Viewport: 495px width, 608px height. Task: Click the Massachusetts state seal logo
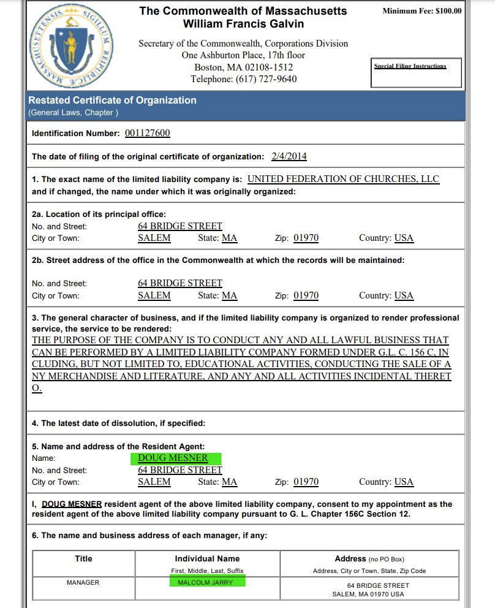69,48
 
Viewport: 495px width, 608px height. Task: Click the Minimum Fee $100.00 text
421,11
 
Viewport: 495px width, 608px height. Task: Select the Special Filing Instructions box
410,66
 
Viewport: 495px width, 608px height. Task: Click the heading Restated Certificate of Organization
112,101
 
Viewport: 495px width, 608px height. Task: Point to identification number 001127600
147,133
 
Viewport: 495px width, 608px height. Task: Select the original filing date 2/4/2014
289,156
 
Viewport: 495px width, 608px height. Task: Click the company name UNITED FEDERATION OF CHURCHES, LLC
343,180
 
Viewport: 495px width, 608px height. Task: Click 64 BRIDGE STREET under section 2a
180,226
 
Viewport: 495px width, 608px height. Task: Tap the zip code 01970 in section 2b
306,295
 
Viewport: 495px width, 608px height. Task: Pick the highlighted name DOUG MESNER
173,458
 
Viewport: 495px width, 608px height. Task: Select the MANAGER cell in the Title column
83,582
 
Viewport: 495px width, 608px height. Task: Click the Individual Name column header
207,558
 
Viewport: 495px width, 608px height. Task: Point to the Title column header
83,558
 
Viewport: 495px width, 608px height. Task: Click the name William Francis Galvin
243,24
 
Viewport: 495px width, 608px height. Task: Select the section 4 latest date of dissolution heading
119,424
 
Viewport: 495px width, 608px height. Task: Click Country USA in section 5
404,482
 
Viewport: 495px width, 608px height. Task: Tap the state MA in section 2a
229,238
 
